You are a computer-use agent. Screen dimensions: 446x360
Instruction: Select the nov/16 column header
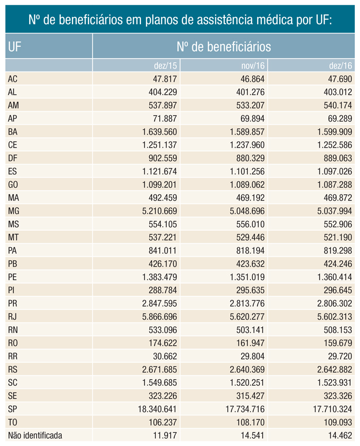point(253,66)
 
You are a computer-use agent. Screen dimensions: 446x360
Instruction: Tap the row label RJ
point(13,316)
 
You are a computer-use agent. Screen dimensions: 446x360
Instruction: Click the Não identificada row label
point(35,436)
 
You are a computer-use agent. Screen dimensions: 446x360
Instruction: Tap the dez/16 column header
point(340,66)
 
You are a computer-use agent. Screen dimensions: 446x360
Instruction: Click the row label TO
point(13,422)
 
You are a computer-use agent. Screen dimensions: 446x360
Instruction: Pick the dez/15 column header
point(166,66)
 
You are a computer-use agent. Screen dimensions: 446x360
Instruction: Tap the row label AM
point(14,105)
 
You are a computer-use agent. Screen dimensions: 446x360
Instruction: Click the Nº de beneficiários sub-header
point(223,47)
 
